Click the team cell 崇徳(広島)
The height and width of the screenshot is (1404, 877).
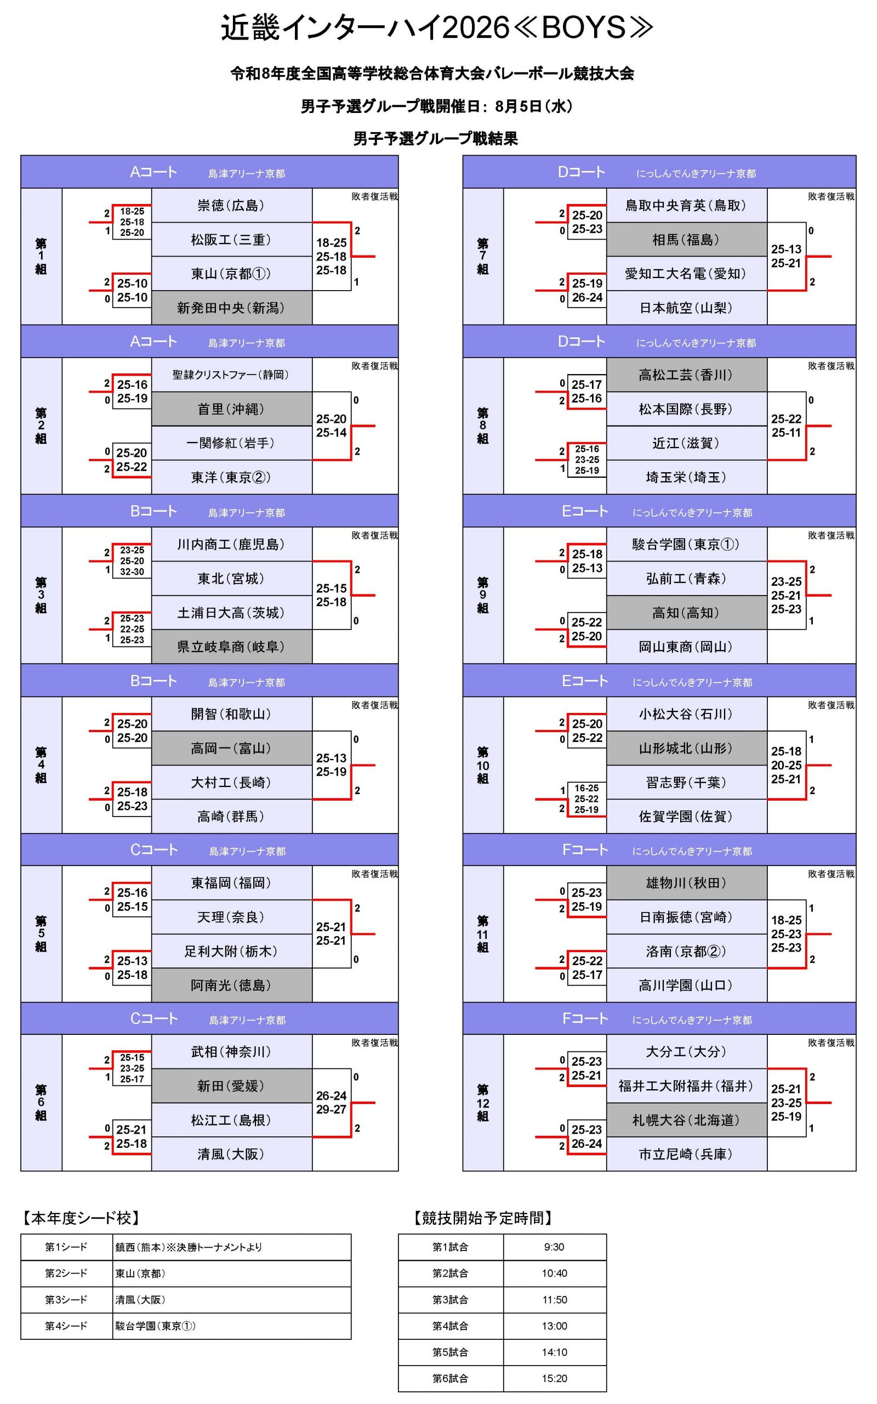tap(231, 205)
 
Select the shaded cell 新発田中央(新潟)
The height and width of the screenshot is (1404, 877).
tap(231, 308)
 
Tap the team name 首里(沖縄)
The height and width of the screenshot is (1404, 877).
tap(231, 409)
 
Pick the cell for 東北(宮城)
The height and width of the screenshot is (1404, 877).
tap(231, 579)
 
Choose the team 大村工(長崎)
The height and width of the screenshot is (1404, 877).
tap(231, 782)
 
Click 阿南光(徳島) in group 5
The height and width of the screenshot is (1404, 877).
tap(231, 985)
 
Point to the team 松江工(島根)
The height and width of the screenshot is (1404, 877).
tap(231, 1120)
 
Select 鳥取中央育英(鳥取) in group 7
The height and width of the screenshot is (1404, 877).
tap(686, 205)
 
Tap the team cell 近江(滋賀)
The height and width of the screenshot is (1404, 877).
tap(686, 443)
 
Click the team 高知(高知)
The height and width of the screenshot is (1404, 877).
tap(686, 613)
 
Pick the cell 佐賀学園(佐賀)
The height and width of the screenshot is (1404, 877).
tap(686, 816)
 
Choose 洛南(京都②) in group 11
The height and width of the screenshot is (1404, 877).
tap(686, 952)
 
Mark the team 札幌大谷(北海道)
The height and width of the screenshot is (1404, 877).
tap(686, 1120)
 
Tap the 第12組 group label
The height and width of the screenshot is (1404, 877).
tap(482, 1103)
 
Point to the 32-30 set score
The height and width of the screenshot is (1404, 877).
tap(132, 572)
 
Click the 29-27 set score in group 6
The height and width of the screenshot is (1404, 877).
tap(331, 1110)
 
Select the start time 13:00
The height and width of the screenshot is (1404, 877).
tap(555, 1326)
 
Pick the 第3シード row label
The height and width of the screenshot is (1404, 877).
tap(66, 1300)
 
